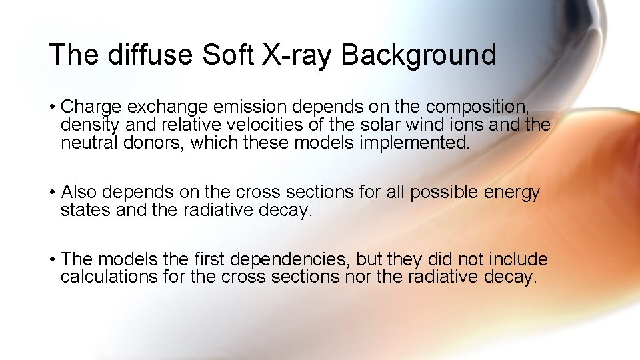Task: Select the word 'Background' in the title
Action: click(419, 54)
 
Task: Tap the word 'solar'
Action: click(378, 125)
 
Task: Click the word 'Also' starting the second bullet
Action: click(79, 193)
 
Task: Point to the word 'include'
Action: click(518, 259)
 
